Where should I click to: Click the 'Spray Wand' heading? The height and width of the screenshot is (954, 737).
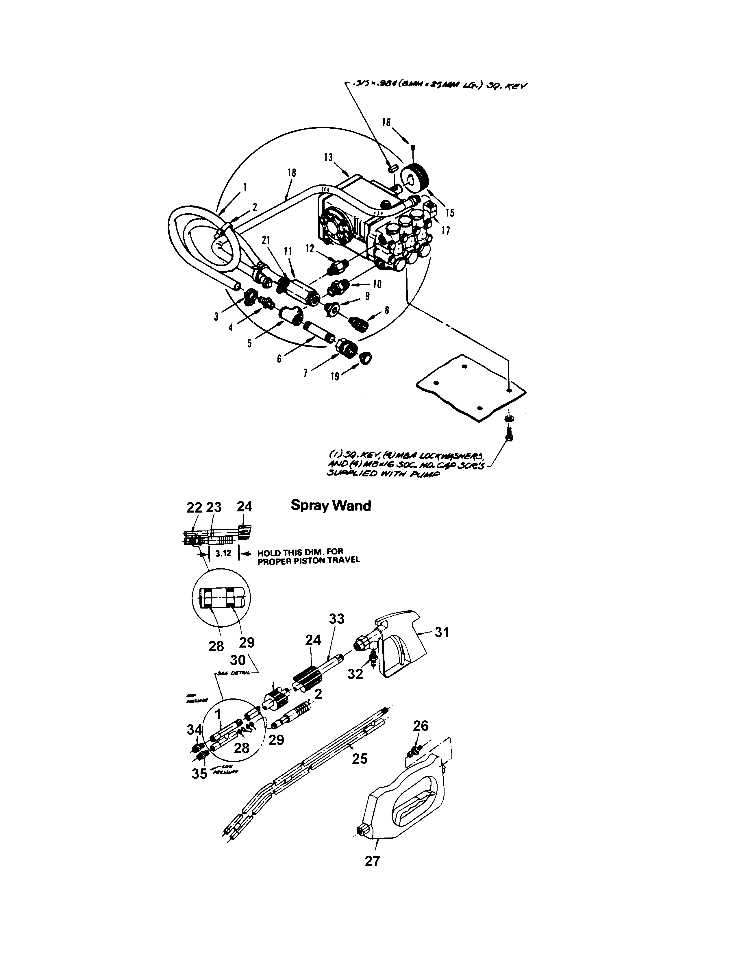[x=331, y=506]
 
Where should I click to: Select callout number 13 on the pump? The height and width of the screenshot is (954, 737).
[x=328, y=158]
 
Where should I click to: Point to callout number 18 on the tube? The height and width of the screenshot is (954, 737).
[x=291, y=173]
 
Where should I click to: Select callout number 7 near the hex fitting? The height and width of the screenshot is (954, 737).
[x=305, y=373]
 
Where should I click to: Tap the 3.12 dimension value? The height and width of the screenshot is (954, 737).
[x=223, y=553]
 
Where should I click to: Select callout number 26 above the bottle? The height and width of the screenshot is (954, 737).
[x=421, y=726]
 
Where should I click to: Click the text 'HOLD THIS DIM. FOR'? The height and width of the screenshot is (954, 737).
[x=300, y=552]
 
